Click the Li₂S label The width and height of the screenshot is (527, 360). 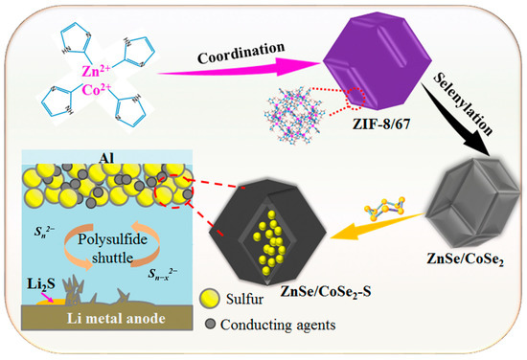(39, 284)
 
